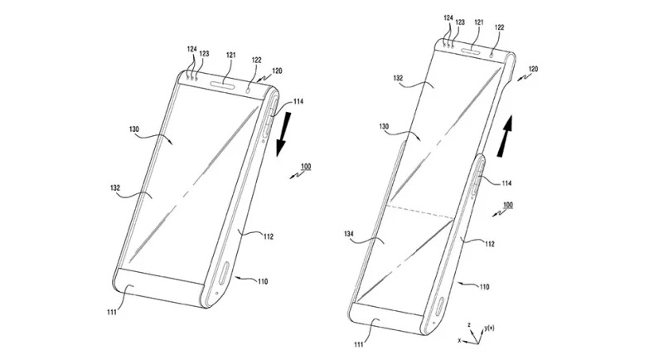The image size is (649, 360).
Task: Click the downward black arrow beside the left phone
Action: [x=284, y=134]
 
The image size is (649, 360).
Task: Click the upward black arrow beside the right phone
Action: [x=503, y=136]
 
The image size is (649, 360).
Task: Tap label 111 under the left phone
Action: [x=112, y=312]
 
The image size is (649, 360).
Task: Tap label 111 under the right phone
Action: [x=358, y=344]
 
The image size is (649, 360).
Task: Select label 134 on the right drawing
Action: [x=348, y=234]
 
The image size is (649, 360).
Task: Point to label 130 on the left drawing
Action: [x=134, y=129]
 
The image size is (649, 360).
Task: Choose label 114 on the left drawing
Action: [x=298, y=101]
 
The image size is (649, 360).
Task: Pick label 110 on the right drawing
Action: [x=483, y=287]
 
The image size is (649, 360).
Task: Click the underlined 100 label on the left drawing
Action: [x=306, y=167]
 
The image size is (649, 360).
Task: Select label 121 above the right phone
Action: [x=479, y=22]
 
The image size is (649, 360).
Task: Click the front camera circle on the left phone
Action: [x=249, y=90]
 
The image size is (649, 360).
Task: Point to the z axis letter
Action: [x=469, y=325]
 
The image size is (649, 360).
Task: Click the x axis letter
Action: [x=459, y=340]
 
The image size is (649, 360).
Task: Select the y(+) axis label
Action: [x=489, y=328]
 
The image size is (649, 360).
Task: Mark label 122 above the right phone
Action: [x=500, y=27]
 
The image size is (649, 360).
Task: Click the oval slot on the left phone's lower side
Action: [x=225, y=273]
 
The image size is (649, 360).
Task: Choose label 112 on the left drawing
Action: [x=269, y=237]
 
